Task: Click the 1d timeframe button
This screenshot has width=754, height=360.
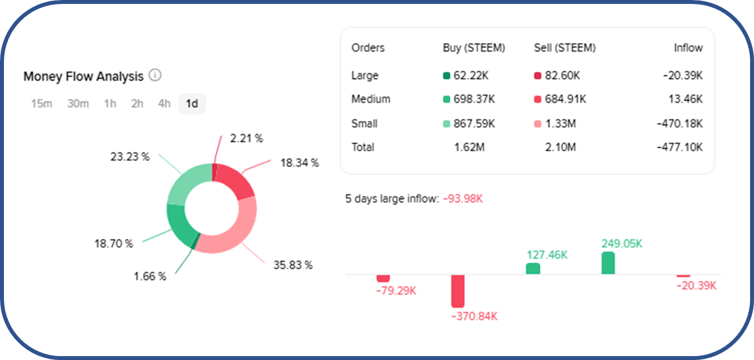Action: click(192, 103)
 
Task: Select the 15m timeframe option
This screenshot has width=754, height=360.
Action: click(41, 103)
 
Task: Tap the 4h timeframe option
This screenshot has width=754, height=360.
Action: click(164, 103)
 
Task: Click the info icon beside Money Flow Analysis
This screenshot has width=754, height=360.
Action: click(155, 75)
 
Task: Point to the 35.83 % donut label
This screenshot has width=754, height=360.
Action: click(293, 265)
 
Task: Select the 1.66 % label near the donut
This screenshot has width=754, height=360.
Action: click(150, 276)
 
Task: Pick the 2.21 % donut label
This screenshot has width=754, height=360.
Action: click(246, 138)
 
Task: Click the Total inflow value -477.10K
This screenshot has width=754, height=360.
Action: click(681, 147)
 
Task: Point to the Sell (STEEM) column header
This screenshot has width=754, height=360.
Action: click(565, 48)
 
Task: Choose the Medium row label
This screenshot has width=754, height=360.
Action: click(370, 99)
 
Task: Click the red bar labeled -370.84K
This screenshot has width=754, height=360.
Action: click(458, 291)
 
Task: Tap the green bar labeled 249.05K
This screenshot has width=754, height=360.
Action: click(608, 263)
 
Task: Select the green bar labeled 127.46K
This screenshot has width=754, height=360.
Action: click(533, 268)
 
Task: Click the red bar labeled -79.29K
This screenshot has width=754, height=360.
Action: click(383, 278)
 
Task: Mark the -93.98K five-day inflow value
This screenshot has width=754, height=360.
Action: click(462, 198)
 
